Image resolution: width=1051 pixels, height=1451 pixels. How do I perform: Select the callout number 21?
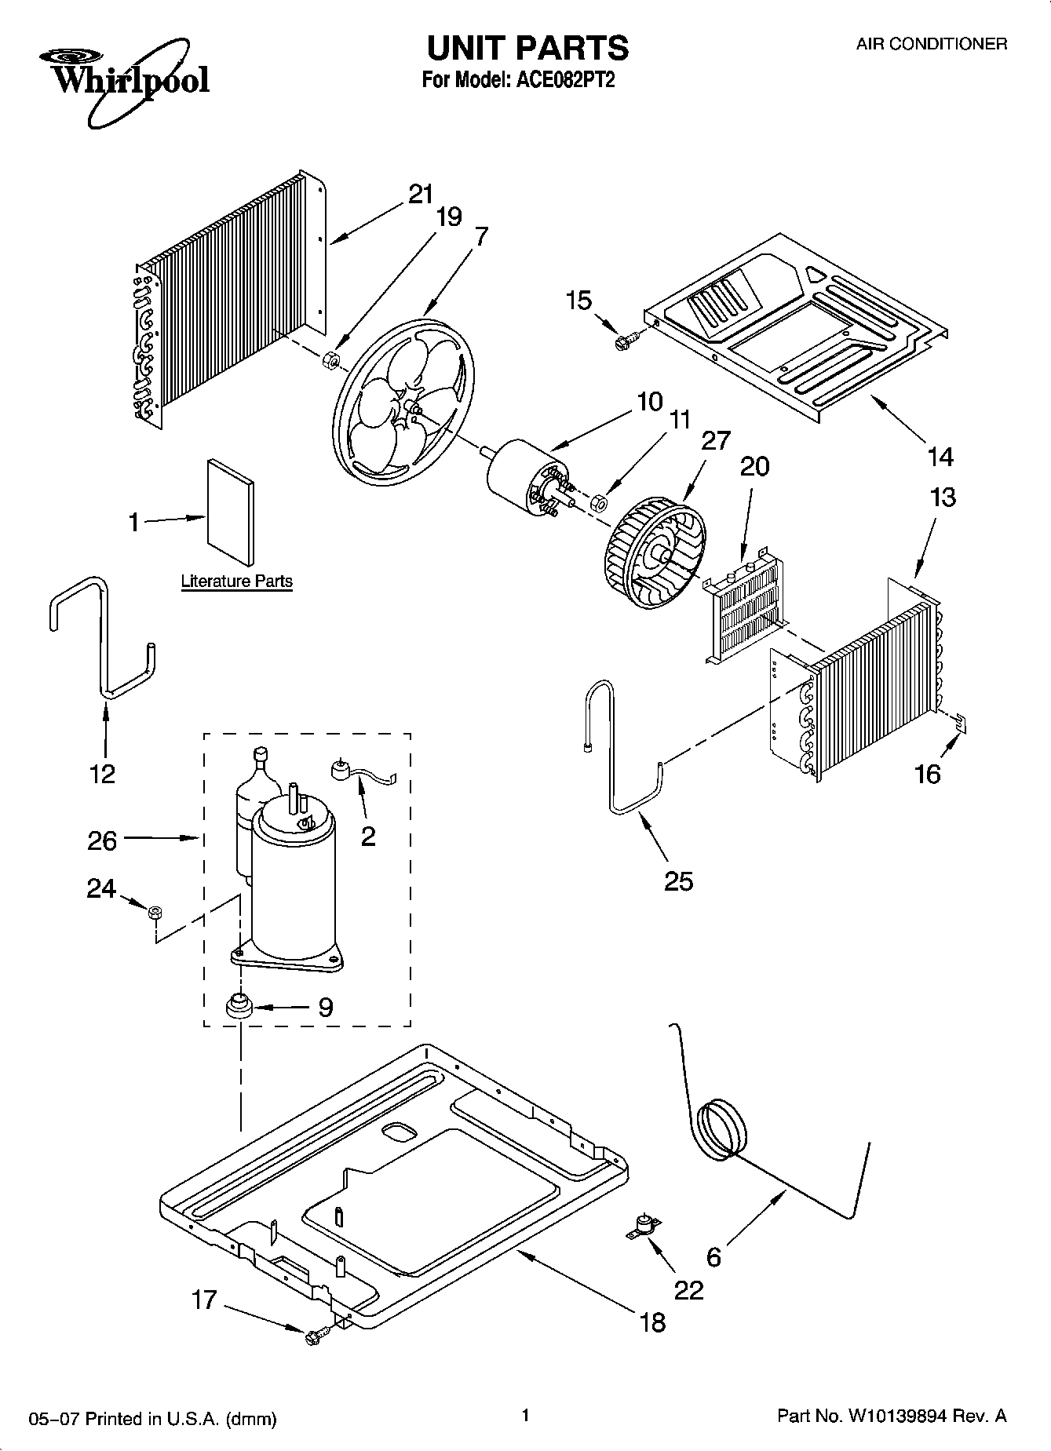421,193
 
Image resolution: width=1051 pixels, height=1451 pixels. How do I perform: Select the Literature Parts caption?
236,581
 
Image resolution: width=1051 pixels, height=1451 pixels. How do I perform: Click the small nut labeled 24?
155,912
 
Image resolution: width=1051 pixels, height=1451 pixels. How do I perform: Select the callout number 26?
103,840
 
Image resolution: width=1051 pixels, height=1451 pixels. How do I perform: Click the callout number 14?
940,456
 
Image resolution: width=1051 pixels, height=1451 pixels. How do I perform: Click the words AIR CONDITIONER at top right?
931,45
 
